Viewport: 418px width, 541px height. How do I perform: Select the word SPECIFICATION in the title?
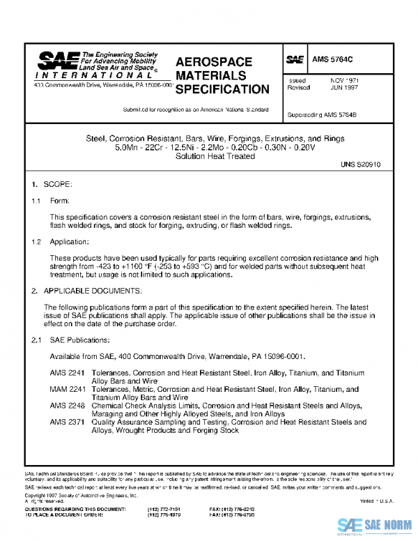click(x=222, y=89)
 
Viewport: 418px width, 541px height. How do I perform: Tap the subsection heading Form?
click(x=59, y=201)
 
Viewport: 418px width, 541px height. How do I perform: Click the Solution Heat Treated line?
click(x=215, y=157)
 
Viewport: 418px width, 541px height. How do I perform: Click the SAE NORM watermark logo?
click(x=375, y=525)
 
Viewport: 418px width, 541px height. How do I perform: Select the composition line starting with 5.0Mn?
click(x=215, y=148)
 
